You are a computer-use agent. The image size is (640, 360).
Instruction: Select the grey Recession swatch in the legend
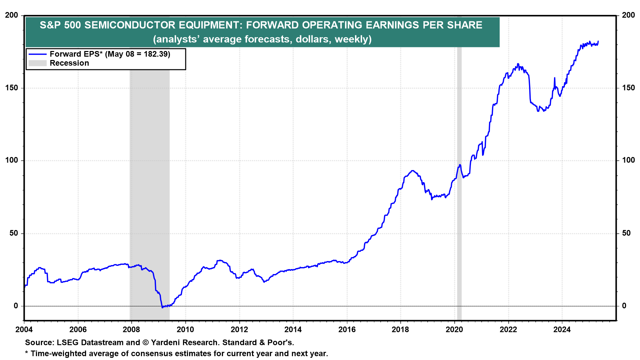click(37, 63)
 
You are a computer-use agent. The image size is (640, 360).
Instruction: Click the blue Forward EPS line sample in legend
click(37, 54)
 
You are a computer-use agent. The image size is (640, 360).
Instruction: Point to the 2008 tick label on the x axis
click(131, 330)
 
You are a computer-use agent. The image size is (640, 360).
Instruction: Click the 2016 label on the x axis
click(347, 330)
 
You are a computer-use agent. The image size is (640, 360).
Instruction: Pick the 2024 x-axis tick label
click(562, 330)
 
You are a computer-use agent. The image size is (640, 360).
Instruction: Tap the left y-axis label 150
click(12, 88)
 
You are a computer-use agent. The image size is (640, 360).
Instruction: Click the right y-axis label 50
click(626, 233)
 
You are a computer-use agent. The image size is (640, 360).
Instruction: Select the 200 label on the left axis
click(12, 15)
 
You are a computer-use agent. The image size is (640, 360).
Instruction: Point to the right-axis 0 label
click(624, 306)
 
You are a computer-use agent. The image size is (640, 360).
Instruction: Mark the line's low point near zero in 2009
click(162, 307)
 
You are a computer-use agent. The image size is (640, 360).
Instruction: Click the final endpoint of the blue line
click(598, 41)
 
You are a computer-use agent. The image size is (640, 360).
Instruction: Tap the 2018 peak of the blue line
click(413, 171)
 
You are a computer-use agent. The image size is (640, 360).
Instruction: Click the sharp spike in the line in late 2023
click(554, 78)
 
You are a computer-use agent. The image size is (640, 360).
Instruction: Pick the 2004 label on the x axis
click(24, 330)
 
